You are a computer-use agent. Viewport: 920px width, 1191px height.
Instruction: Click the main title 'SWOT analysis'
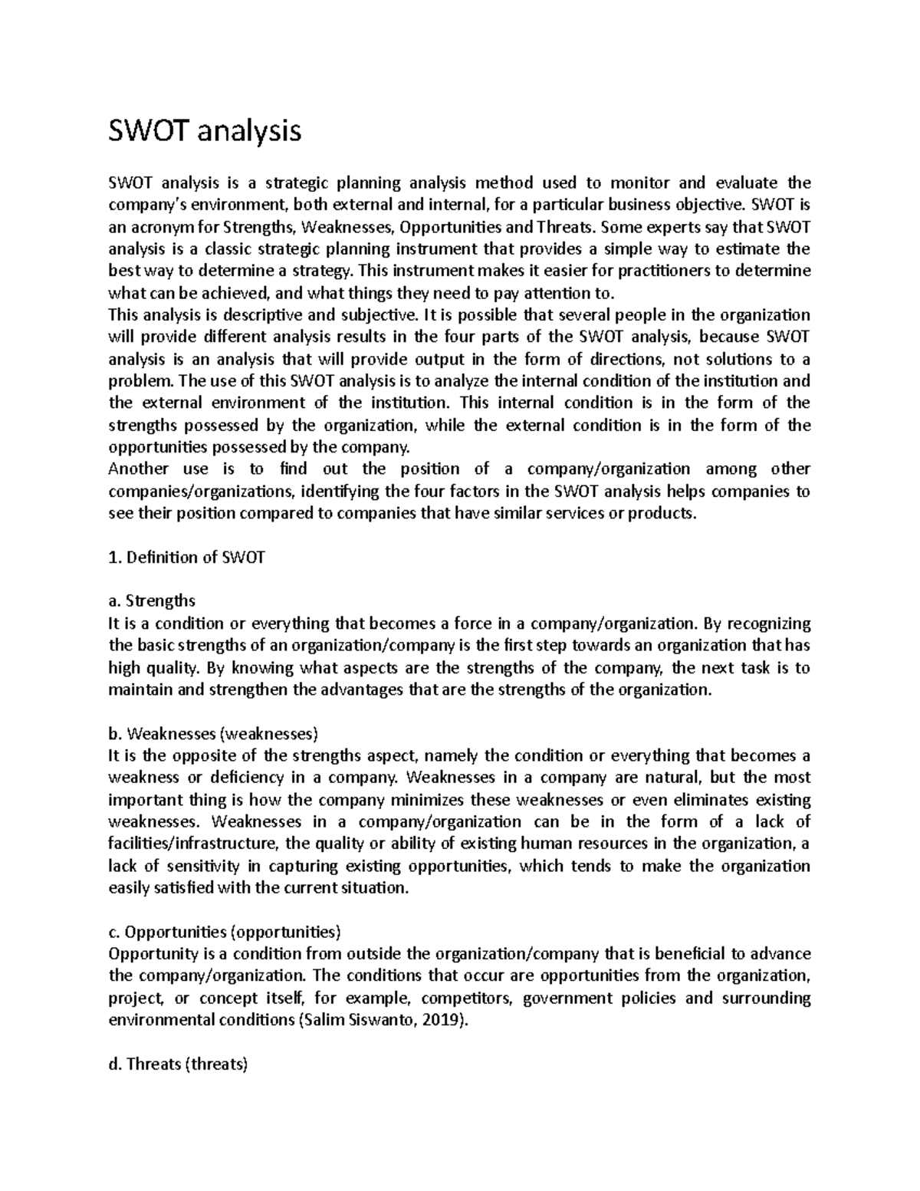(x=205, y=132)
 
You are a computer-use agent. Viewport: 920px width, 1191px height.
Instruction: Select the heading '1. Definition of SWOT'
(x=186, y=558)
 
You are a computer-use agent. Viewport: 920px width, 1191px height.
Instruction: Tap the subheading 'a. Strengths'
(x=153, y=600)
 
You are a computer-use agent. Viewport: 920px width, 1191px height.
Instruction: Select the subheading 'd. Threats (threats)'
(x=178, y=1064)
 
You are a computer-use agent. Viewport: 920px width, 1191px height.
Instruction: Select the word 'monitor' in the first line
(x=639, y=183)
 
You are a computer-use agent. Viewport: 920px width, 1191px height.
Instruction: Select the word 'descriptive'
(x=267, y=315)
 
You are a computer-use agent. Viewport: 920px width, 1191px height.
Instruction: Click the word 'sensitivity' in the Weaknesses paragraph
(x=202, y=866)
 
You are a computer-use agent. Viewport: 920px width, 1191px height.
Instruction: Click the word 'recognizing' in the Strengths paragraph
(x=767, y=623)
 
